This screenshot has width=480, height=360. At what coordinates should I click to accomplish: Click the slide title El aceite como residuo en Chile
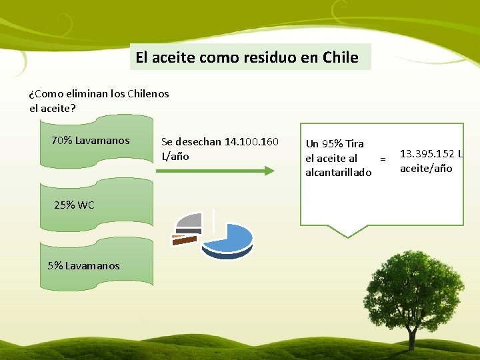coord(247,57)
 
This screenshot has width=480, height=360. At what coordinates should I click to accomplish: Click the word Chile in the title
coord(340,57)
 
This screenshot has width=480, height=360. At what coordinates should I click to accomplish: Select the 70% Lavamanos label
coord(90,141)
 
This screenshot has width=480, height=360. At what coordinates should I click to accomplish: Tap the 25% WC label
coord(74,205)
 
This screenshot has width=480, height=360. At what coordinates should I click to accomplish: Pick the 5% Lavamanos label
coord(83,265)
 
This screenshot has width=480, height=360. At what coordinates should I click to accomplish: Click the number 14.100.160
coord(252,141)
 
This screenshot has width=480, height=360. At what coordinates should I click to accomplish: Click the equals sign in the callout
coord(383,159)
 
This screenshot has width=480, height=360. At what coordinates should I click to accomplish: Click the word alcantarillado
coord(338,173)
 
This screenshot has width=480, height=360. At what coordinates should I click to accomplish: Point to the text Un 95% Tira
coord(335,143)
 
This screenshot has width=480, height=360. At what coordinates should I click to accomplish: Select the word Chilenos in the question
coord(147,93)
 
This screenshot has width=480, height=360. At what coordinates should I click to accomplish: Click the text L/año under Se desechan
coord(175,156)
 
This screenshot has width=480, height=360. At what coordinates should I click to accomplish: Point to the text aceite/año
coord(426,168)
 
